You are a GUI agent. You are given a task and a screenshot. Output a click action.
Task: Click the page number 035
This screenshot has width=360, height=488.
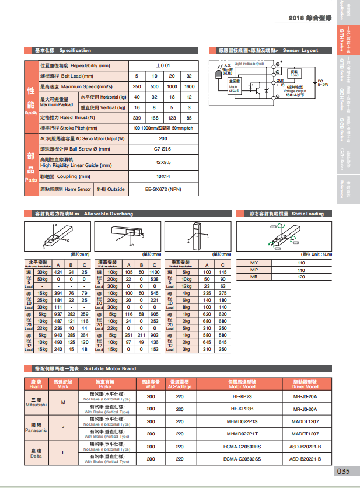coord(343,471)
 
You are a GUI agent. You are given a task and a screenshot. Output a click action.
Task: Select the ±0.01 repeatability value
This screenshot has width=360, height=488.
coord(163,65)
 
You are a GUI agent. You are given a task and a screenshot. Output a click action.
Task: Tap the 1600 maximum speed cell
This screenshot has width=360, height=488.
coord(189,86)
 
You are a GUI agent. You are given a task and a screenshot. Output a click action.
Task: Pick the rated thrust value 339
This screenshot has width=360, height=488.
coord(137,118)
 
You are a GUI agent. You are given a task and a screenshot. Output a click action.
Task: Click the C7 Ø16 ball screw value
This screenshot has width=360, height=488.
coord(163,150)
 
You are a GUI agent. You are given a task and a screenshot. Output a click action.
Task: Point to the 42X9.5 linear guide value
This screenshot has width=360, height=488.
coord(163,162)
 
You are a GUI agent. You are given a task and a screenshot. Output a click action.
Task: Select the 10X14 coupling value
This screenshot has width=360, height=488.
coord(163,176)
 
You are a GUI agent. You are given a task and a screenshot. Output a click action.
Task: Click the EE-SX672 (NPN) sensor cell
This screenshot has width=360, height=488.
coord(163,189)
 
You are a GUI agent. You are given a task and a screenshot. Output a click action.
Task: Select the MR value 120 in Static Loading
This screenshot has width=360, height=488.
coord(301,277)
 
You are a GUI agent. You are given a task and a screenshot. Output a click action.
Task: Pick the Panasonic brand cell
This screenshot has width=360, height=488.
coord(36,427)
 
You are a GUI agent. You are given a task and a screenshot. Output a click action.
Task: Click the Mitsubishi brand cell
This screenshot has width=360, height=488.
coord(36,403)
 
